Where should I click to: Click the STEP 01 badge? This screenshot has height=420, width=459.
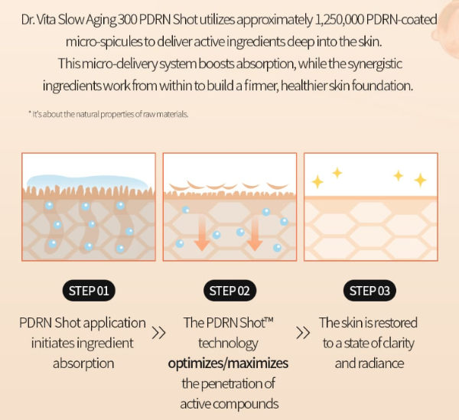89,290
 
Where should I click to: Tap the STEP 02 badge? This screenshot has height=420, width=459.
229,290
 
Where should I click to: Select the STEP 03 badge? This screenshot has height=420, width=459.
370,290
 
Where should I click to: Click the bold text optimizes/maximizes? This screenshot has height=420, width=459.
229,363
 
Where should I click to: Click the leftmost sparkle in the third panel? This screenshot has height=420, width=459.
317,181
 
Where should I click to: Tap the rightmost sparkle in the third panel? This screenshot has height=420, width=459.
420,180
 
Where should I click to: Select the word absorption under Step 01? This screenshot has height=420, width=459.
83,363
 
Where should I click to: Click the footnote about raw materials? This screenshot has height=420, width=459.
108,114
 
